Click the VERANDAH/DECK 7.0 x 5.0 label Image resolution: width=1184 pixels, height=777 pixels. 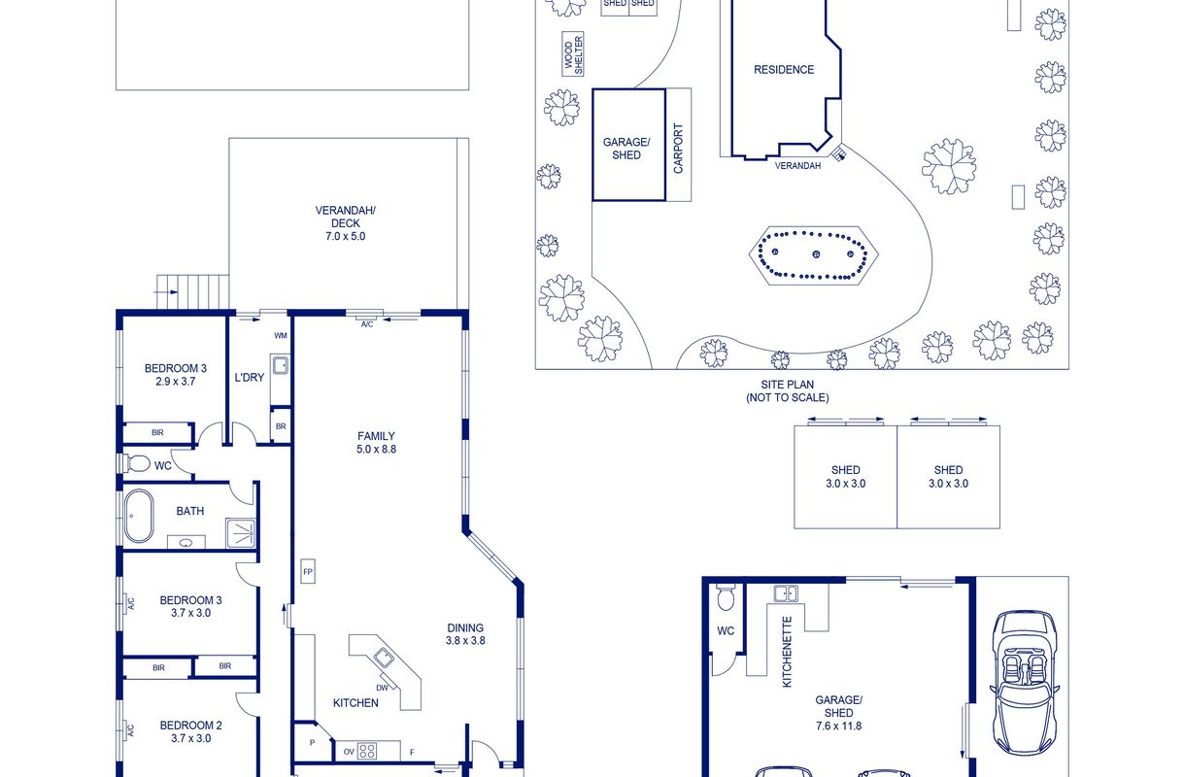pyautogui.click(x=345, y=223)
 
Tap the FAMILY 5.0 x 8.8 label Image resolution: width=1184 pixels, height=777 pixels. pyautogui.click(x=376, y=443)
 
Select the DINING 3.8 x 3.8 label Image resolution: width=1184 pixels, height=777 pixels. pyautogui.click(x=465, y=634)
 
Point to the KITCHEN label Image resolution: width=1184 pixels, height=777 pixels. pyautogui.click(x=355, y=702)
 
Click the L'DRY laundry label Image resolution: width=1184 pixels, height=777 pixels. pyautogui.click(x=249, y=378)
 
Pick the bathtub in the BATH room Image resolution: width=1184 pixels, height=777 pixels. pyautogui.click(x=139, y=516)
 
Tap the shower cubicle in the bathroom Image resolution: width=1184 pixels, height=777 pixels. pyautogui.click(x=241, y=533)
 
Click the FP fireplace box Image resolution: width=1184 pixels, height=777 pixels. pyautogui.click(x=308, y=571)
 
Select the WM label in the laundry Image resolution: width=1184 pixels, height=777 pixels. pyautogui.click(x=281, y=336)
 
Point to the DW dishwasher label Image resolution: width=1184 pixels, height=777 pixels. pyautogui.click(x=382, y=688)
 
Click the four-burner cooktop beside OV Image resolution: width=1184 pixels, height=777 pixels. pyautogui.click(x=367, y=751)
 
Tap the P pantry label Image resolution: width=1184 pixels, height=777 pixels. pyautogui.click(x=313, y=743)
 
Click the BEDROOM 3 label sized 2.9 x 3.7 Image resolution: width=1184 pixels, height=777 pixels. pyautogui.click(x=176, y=374)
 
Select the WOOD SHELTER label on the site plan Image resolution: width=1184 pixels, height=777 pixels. pyautogui.click(x=573, y=54)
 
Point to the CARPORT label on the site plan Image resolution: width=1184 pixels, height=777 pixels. pyautogui.click(x=678, y=148)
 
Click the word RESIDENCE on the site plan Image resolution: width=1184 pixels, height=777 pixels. pyautogui.click(x=783, y=69)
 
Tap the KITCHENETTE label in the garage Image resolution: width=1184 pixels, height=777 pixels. pyautogui.click(x=787, y=652)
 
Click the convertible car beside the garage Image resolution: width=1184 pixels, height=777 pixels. pyautogui.click(x=1025, y=683)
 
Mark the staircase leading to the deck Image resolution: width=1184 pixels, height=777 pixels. pyautogui.click(x=193, y=291)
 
